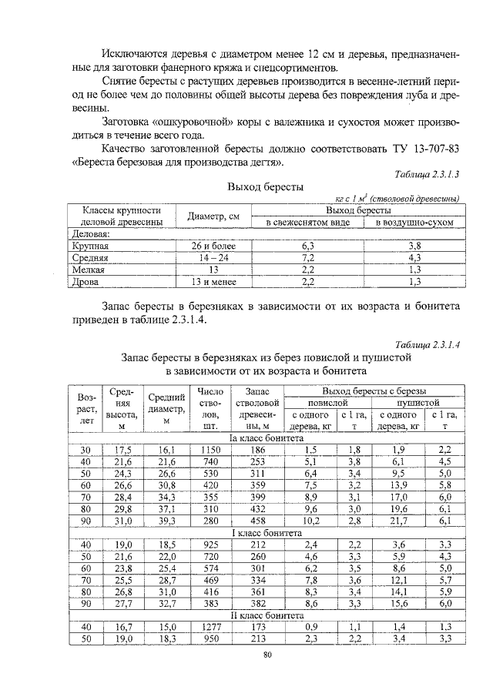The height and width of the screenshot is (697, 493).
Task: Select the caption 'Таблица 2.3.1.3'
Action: pos(426,174)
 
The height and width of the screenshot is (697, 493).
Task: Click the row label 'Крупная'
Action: pos(89,246)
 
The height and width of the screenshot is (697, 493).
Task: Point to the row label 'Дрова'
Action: pos(85,283)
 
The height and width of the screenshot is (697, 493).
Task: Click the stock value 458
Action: pos(257,521)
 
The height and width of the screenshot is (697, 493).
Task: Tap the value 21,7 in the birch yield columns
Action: pos(398,521)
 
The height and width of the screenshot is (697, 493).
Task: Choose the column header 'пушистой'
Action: pos(418,402)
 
